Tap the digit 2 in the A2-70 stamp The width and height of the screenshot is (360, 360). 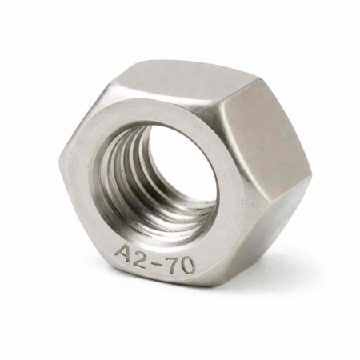tap(145, 258)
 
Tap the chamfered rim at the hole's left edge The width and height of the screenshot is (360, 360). tap(98, 172)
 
